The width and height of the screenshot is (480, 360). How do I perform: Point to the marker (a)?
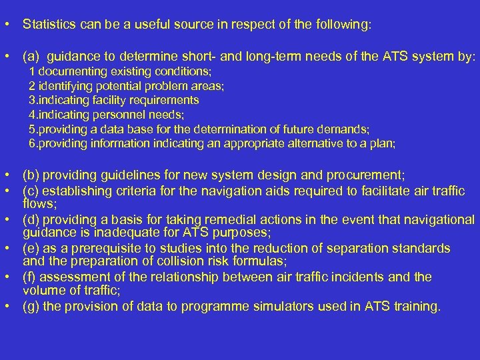pos(31,57)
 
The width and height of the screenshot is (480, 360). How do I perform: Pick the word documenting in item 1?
pos(69,71)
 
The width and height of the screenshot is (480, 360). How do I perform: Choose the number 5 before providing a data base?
pos(32,129)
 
